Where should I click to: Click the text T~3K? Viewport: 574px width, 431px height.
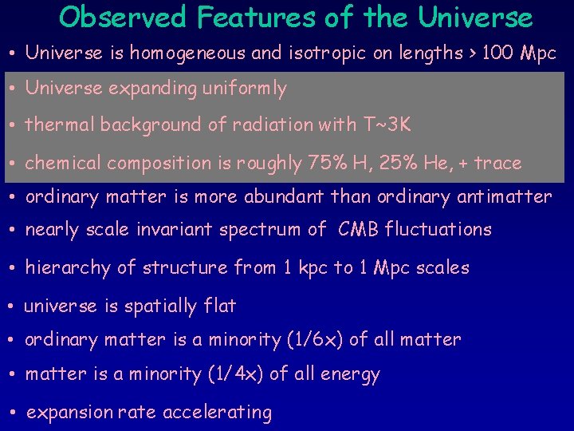point(388,125)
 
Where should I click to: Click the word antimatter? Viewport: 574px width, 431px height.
point(504,196)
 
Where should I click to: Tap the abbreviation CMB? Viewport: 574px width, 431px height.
point(359,230)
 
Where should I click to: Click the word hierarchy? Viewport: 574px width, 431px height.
point(68,268)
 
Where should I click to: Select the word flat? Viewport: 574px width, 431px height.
point(220,306)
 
